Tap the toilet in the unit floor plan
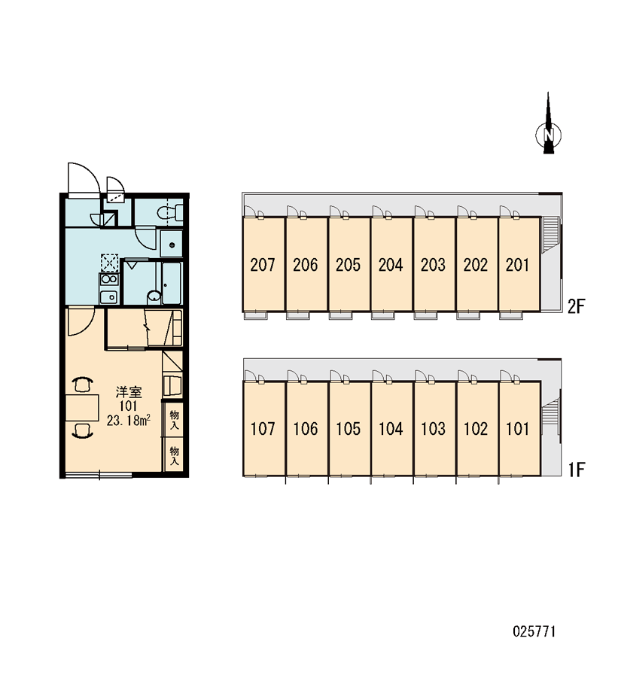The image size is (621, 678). click(x=169, y=212)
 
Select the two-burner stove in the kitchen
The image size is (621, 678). click(x=108, y=279)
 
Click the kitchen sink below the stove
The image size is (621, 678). click(x=108, y=296)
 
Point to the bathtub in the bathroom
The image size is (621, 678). click(x=172, y=283)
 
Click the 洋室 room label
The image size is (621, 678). click(x=129, y=393)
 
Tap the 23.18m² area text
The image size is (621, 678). click(x=129, y=421)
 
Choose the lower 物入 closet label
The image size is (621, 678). click(x=175, y=456)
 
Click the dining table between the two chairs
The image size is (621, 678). click(x=82, y=407)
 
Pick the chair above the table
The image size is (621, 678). click(x=82, y=385)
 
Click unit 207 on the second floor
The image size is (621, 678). click(x=263, y=265)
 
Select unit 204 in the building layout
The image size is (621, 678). click(x=391, y=265)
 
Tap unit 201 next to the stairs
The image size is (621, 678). click(x=518, y=265)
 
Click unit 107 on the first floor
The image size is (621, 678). click(x=263, y=429)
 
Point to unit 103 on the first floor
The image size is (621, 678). click(x=434, y=429)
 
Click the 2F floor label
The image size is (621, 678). click(x=576, y=306)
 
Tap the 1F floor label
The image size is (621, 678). click(x=577, y=469)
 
